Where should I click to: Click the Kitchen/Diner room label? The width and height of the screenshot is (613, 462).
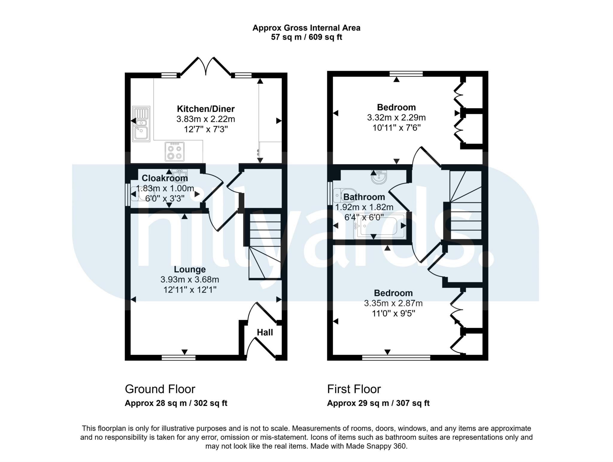click(x=206, y=109)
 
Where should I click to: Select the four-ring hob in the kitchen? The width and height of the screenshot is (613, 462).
click(x=175, y=152)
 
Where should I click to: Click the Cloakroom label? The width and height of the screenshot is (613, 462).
click(x=165, y=178)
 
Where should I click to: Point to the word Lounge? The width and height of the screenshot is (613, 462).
click(x=190, y=270)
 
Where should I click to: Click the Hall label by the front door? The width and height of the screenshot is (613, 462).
click(x=265, y=332)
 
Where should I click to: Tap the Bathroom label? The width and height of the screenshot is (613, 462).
click(x=364, y=197)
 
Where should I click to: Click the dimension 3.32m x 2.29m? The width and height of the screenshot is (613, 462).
click(x=396, y=117)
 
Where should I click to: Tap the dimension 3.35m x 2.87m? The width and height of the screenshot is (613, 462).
click(x=393, y=303)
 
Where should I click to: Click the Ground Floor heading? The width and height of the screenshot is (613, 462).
click(x=160, y=389)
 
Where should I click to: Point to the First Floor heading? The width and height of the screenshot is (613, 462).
click(x=354, y=389)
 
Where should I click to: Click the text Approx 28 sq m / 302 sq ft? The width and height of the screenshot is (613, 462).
click(x=176, y=403)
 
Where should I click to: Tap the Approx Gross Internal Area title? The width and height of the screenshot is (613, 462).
click(x=306, y=28)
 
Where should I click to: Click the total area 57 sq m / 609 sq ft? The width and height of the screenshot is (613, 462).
click(x=306, y=37)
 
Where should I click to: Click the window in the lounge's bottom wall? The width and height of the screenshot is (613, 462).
click(x=178, y=357)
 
